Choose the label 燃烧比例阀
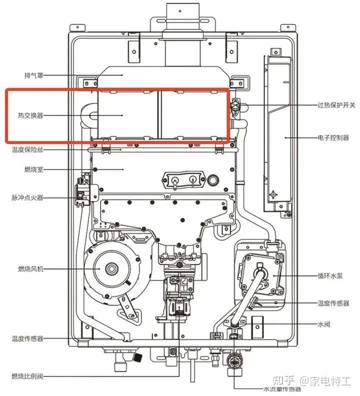coord(28,376)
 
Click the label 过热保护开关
coord(336,106)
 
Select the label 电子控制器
coord(333,137)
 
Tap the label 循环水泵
coord(330,275)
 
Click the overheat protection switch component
coord(235,106)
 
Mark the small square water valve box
coord(257,324)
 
